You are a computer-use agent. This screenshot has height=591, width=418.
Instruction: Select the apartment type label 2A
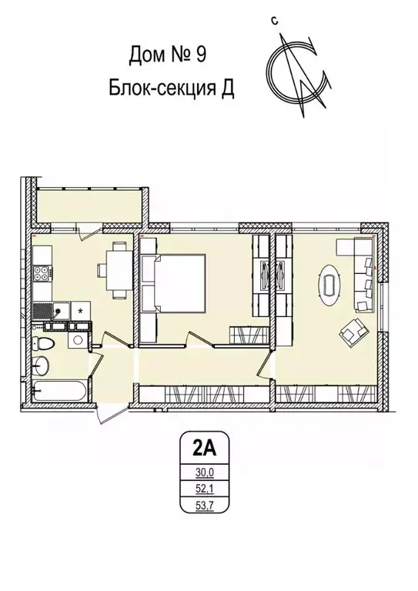click(x=201, y=447)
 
